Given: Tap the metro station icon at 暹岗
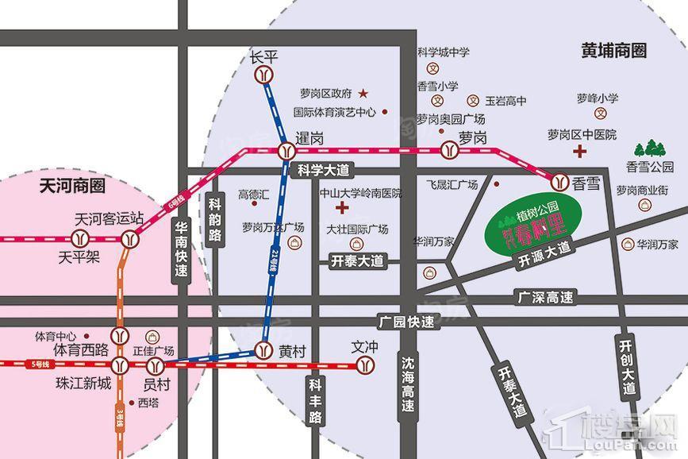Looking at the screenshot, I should point(286,151).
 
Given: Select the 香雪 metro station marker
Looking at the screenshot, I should point(561,181).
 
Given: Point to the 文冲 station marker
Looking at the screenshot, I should point(365,365).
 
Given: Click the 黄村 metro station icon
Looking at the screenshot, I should point(263,349).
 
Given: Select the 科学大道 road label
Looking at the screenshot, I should point(323,169).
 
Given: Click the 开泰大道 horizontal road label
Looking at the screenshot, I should point(357,260).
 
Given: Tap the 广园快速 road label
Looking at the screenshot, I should point(407,322).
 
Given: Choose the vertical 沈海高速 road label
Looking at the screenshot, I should point(408,384).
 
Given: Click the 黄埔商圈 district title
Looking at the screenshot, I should point(613,51).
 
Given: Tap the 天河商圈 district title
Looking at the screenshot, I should point(72,187).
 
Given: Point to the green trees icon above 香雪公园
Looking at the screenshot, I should point(649,148).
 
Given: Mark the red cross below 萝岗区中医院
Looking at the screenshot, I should point(582,151).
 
